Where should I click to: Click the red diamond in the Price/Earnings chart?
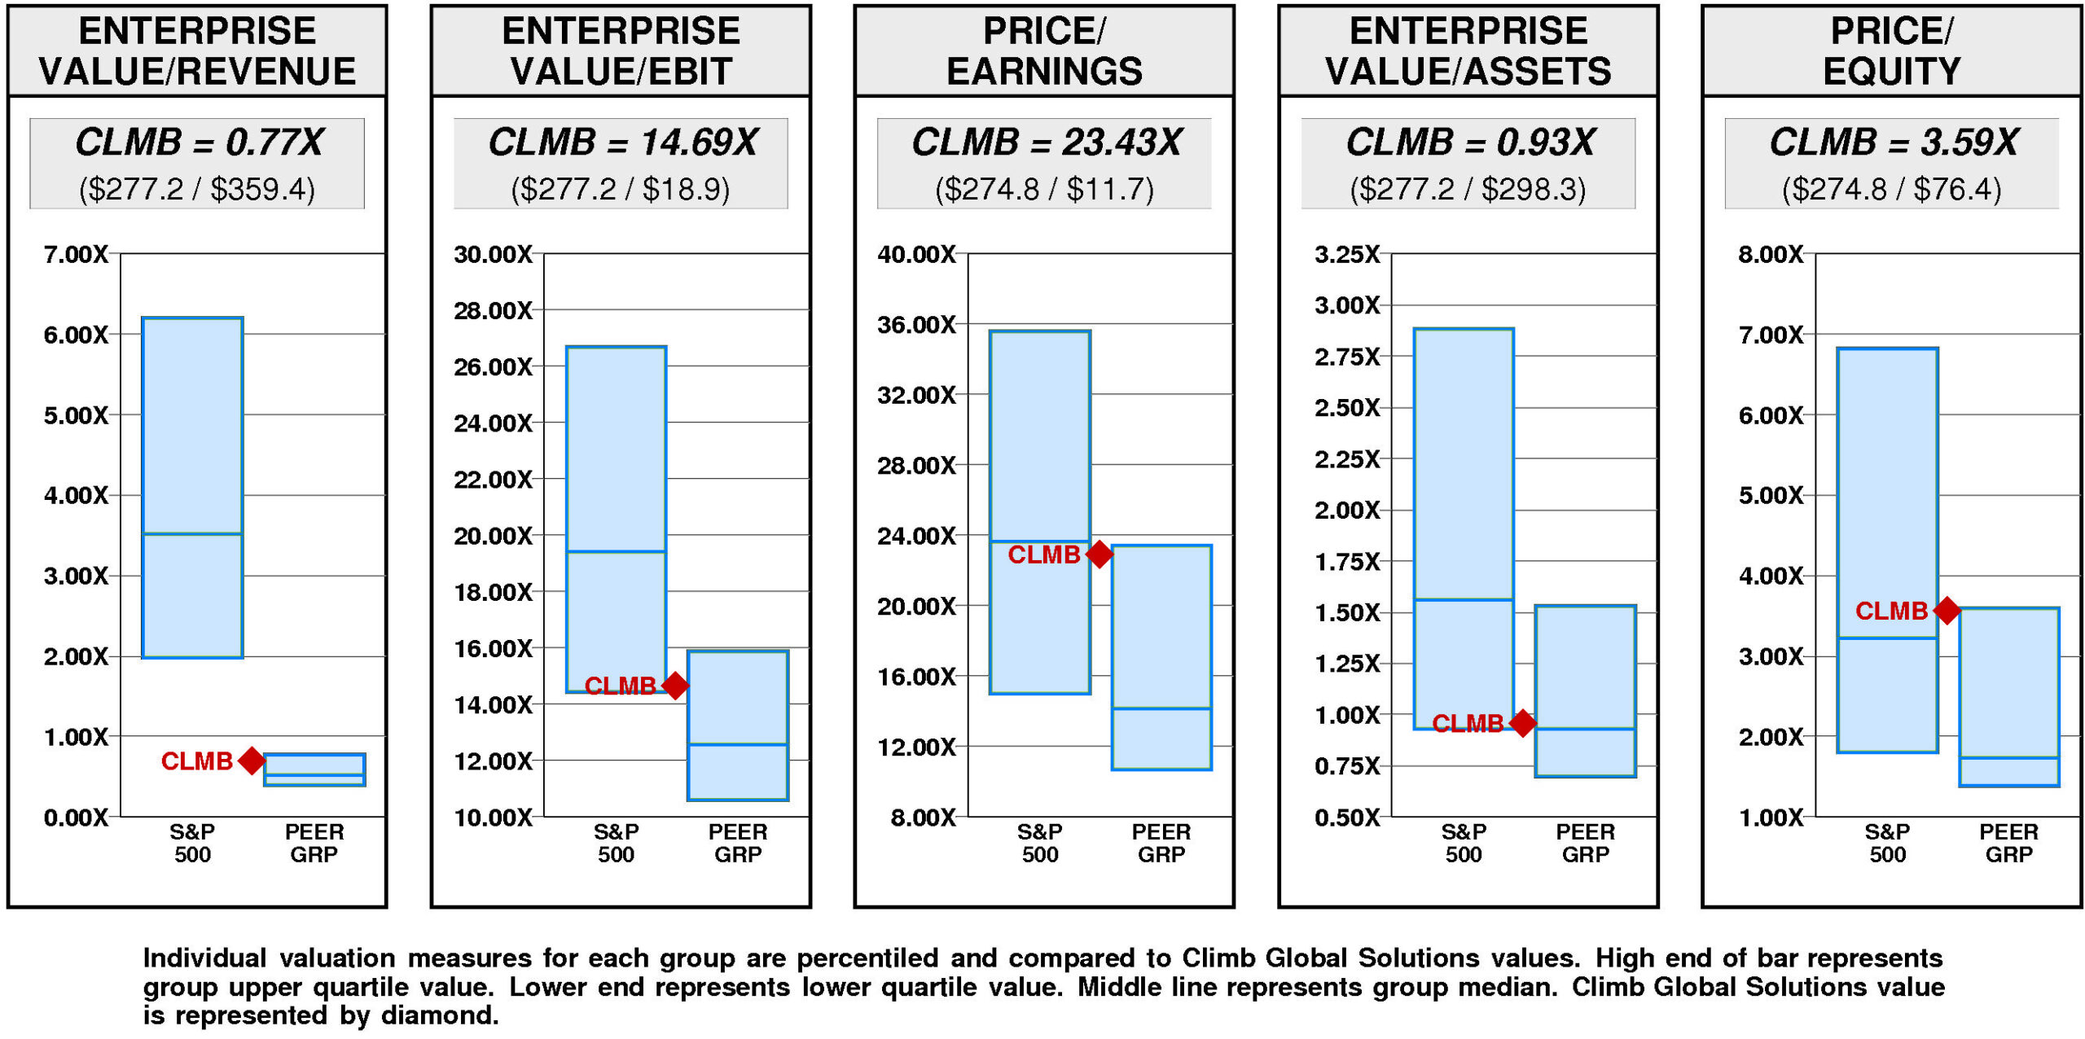(x=1099, y=555)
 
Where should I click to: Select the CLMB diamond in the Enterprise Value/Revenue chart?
(x=252, y=761)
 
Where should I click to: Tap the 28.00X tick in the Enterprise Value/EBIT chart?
(x=493, y=310)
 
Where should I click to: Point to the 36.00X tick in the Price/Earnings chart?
(x=916, y=325)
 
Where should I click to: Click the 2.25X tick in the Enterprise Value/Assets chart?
(x=1347, y=459)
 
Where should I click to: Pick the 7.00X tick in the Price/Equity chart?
(x=1771, y=335)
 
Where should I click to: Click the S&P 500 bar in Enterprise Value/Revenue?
(x=192, y=487)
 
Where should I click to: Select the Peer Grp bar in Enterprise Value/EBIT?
(x=738, y=725)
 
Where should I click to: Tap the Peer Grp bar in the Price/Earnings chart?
(x=1161, y=656)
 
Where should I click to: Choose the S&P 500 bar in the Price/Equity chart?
(x=1887, y=550)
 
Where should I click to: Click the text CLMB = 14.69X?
(x=622, y=142)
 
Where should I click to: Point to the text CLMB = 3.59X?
(x=1894, y=142)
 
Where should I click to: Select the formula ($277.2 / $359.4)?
(x=197, y=189)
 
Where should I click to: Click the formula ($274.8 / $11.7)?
(x=1044, y=189)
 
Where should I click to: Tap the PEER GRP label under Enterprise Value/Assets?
(x=1585, y=843)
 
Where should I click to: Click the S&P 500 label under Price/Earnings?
(x=1040, y=843)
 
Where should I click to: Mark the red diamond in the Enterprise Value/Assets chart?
(x=1522, y=722)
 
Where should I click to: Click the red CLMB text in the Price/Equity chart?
(x=1891, y=611)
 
